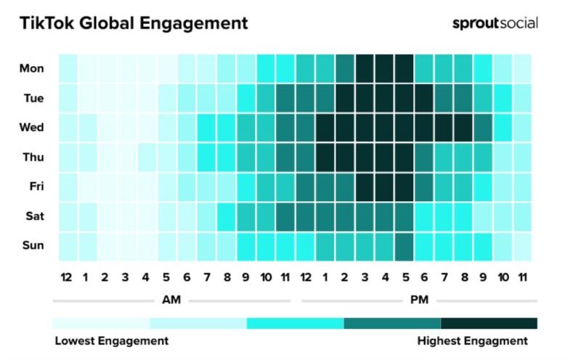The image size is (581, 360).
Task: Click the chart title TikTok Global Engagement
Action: pos(134,23)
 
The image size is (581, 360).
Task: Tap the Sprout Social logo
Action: pos(495,23)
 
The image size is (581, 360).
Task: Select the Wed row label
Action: pos(32,128)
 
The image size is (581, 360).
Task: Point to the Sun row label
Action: pos(33,245)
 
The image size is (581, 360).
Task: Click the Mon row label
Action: pos(32,69)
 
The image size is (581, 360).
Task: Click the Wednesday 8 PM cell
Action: pos(463,128)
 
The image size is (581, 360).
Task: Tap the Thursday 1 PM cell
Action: pos(325,157)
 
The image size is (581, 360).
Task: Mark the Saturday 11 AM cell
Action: pos(285,216)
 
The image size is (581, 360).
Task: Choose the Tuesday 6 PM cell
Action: pos(424,98)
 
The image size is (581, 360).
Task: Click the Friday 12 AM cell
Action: pos(68,187)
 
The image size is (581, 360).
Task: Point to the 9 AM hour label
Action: pos(245,277)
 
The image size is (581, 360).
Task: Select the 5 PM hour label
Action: pos(405,277)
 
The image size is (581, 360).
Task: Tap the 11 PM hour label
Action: pos(523,277)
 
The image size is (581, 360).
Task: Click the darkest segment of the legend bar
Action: pos(489,323)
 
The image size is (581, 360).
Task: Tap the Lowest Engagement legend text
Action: pos(112,340)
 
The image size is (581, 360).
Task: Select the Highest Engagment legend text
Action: pos(473,340)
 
